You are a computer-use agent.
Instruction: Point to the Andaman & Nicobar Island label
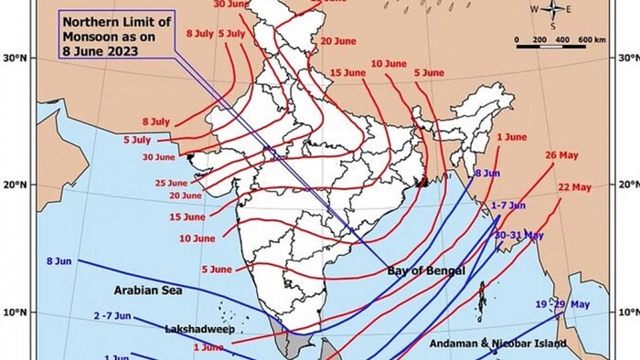[x=497, y=344]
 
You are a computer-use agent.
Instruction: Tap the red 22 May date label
[x=574, y=186]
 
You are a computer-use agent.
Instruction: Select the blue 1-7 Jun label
[x=508, y=206]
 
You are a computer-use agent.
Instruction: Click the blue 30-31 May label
[x=518, y=235]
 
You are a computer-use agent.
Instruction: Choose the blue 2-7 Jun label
[x=112, y=315]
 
